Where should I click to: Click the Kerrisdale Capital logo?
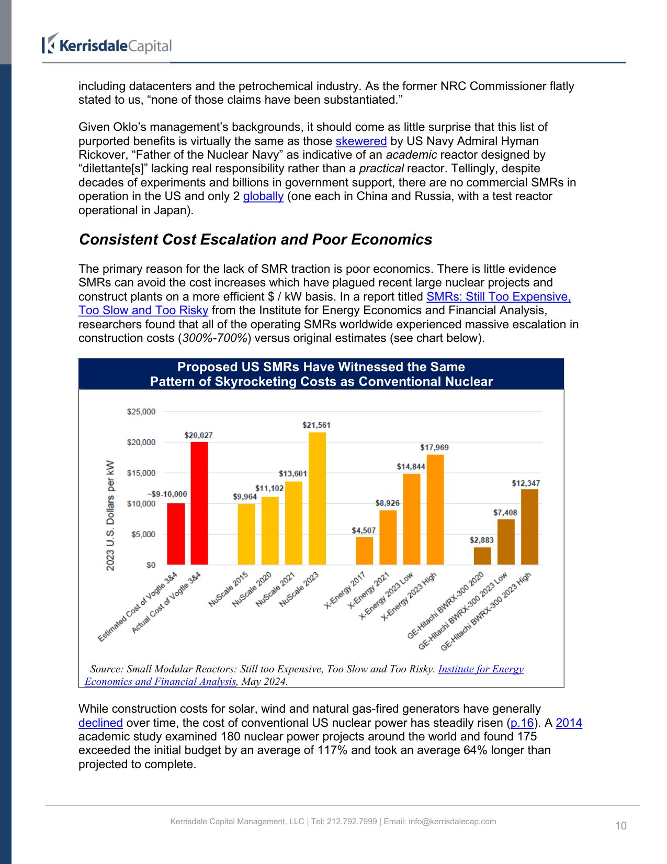[107, 45]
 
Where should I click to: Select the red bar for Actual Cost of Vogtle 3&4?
[199, 503]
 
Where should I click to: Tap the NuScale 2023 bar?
[317, 498]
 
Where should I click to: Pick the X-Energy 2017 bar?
[365, 550]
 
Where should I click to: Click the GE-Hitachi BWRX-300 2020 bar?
[482, 556]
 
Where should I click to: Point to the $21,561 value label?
[316, 425]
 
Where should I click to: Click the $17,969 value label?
[434, 448]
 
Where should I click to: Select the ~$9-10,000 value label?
[167, 494]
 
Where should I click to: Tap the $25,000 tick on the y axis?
[141, 412]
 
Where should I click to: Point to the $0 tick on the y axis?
[151, 565]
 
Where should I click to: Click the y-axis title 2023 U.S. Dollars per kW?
[110, 515]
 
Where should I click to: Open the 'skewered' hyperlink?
[361, 141]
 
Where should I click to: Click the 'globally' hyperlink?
[263, 196]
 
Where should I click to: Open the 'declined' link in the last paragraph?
[100, 723]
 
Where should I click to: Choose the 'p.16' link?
[522, 723]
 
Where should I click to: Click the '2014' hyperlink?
[569, 723]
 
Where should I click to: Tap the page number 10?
[620, 826]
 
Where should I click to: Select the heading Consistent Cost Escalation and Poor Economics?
[255, 239]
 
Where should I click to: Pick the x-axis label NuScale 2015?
[229, 589]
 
